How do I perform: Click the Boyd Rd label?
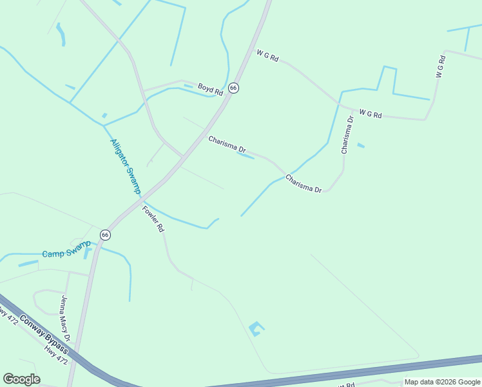click(x=210, y=89)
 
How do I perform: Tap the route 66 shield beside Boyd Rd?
click(x=233, y=88)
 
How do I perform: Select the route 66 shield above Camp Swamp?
click(x=105, y=235)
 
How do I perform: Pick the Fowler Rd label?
click(x=154, y=219)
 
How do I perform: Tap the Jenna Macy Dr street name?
click(x=65, y=318)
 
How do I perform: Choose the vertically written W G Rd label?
click(x=441, y=67)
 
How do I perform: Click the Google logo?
click(x=21, y=379)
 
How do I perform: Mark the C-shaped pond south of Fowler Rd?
click(x=256, y=328)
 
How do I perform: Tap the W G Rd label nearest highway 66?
click(x=267, y=56)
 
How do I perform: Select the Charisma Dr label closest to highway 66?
click(x=227, y=144)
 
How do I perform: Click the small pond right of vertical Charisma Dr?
click(x=361, y=145)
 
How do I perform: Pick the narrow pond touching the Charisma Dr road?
click(x=246, y=154)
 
